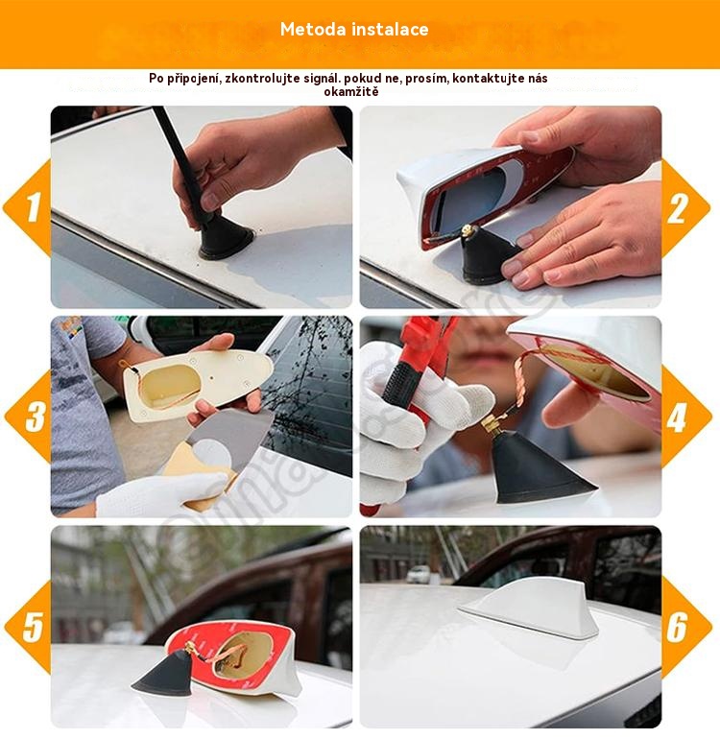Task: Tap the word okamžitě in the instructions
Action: pyautogui.click(x=351, y=92)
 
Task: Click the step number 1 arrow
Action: pyautogui.click(x=28, y=207)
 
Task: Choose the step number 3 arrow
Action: pyautogui.click(x=29, y=417)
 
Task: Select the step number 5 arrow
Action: pyautogui.click(x=29, y=627)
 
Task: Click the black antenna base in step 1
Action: pyautogui.click(x=226, y=238)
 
